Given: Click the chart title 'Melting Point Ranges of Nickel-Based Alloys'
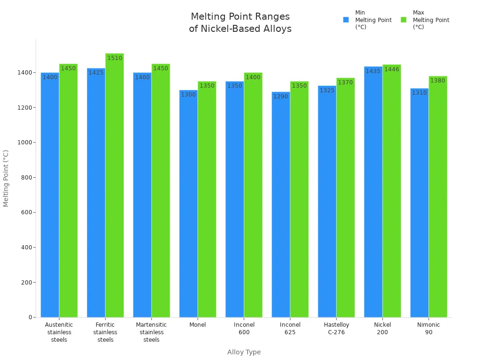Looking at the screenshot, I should (240, 22).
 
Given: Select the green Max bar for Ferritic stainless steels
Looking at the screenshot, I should (114, 187).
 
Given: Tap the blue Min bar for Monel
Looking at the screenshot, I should (188, 206).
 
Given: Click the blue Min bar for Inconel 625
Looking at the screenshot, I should (281, 206).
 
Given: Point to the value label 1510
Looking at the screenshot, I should (114, 58).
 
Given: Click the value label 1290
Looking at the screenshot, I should (281, 97).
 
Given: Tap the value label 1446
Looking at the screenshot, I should (391, 69).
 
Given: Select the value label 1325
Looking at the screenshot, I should (327, 90).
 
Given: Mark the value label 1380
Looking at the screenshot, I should (438, 81).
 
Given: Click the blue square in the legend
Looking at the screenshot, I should (346, 20).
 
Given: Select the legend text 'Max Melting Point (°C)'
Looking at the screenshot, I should (431, 20).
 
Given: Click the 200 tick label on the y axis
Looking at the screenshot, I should (26, 283).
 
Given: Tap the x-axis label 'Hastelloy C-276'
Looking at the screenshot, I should (336, 329).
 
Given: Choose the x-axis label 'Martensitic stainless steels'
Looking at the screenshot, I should (151, 332).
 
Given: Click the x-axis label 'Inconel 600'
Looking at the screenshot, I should (244, 329).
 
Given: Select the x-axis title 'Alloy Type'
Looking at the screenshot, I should (244, 352).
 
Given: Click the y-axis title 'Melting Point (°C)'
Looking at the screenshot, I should (6, 178).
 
